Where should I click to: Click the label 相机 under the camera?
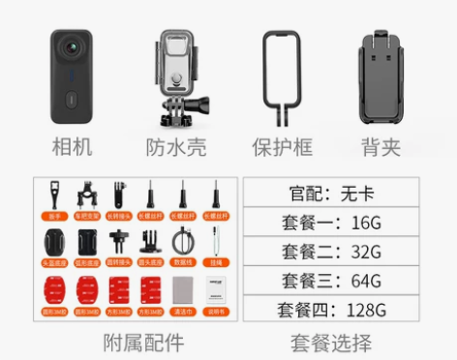[73, 147]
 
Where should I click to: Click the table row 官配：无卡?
[331, 194]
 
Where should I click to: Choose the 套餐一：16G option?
[331, 223]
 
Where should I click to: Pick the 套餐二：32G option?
[331, 252]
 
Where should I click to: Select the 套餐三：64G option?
[331, 281]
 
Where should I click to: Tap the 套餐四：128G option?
[331, 310]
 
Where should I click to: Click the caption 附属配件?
[143, 343]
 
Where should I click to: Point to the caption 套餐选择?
[331, 343]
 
